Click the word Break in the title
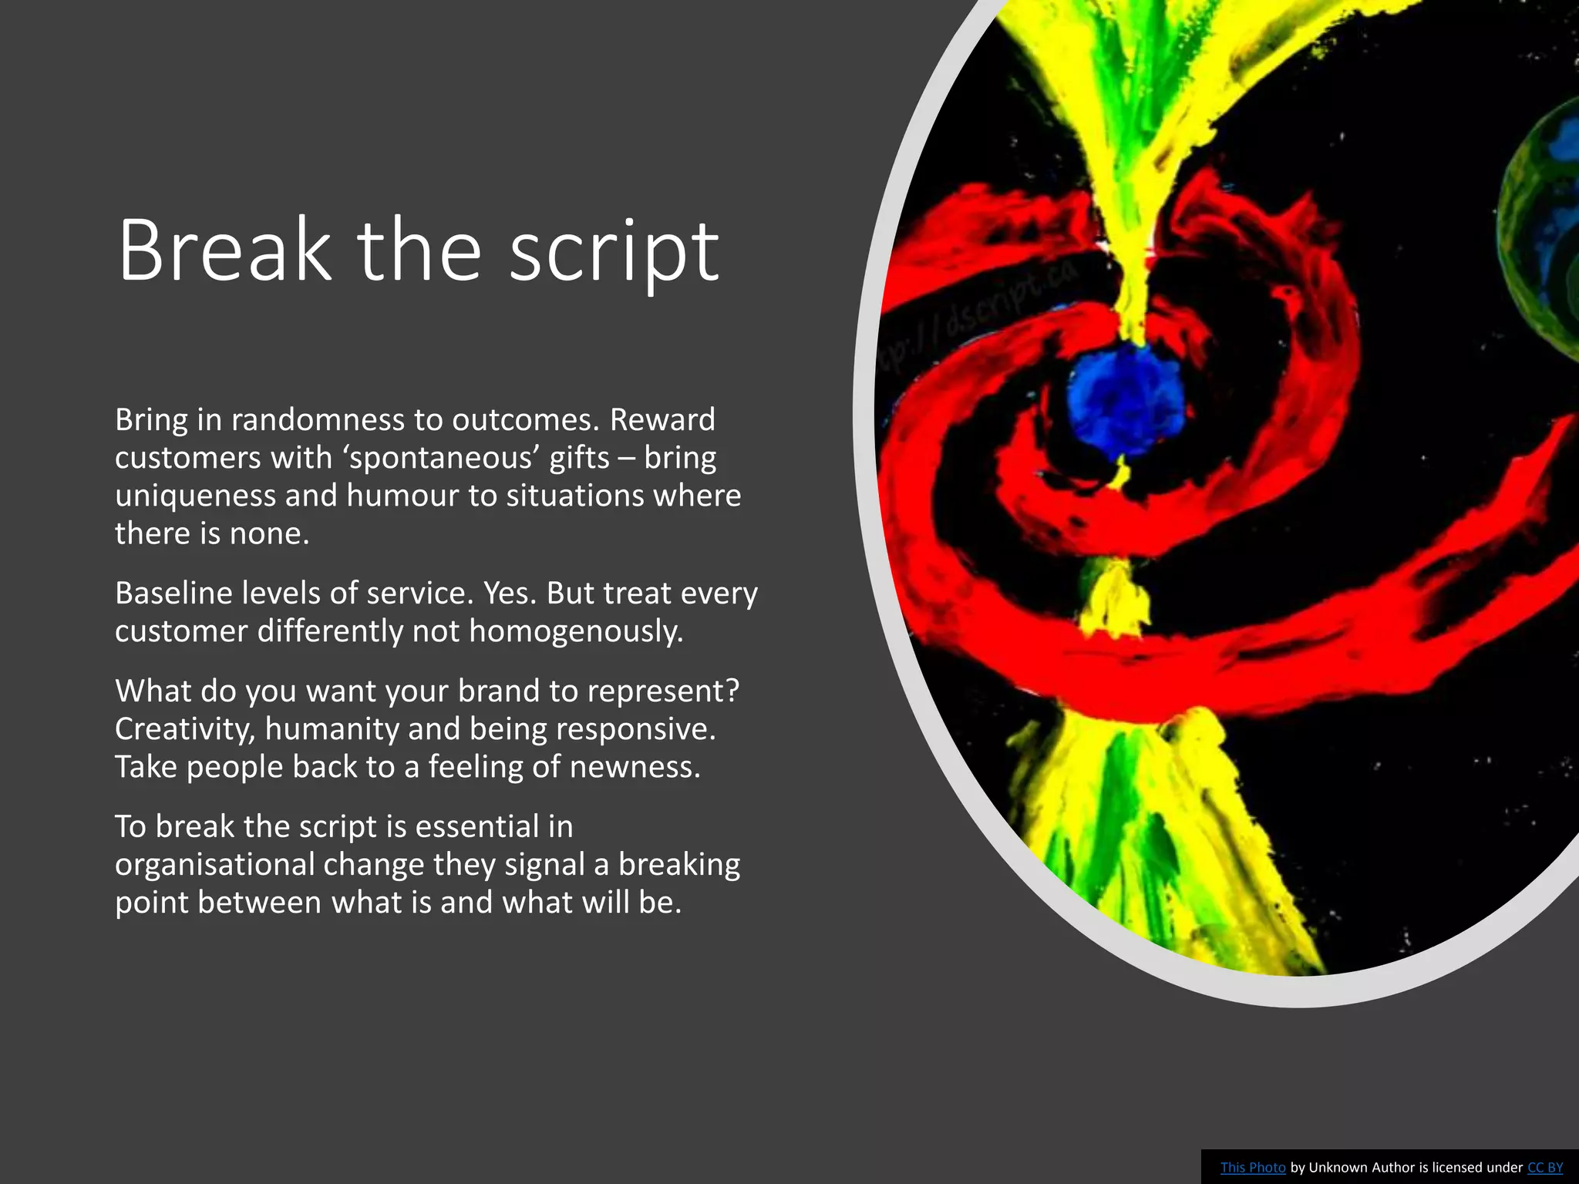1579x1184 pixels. [224, 251]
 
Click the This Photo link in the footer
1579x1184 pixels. [1253, 1167]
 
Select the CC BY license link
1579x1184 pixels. [1545, 1167]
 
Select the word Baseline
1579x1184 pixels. [173, 594]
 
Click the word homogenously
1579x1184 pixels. [576, 631]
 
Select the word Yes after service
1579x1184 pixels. [510, 594]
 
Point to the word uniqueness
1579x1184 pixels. [196, 496]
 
